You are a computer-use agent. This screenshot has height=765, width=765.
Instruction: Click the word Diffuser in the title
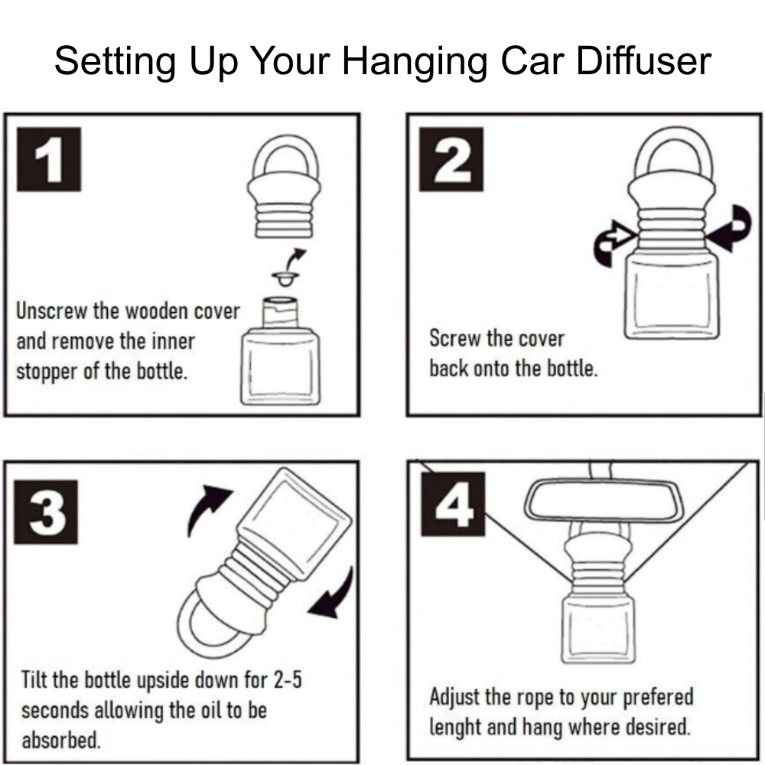(643, 61)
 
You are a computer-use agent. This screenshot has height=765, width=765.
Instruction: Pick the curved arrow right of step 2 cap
(731, 229)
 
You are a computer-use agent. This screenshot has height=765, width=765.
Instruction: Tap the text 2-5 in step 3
(284, 679)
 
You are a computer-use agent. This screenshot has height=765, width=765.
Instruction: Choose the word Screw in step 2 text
(455, 339)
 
